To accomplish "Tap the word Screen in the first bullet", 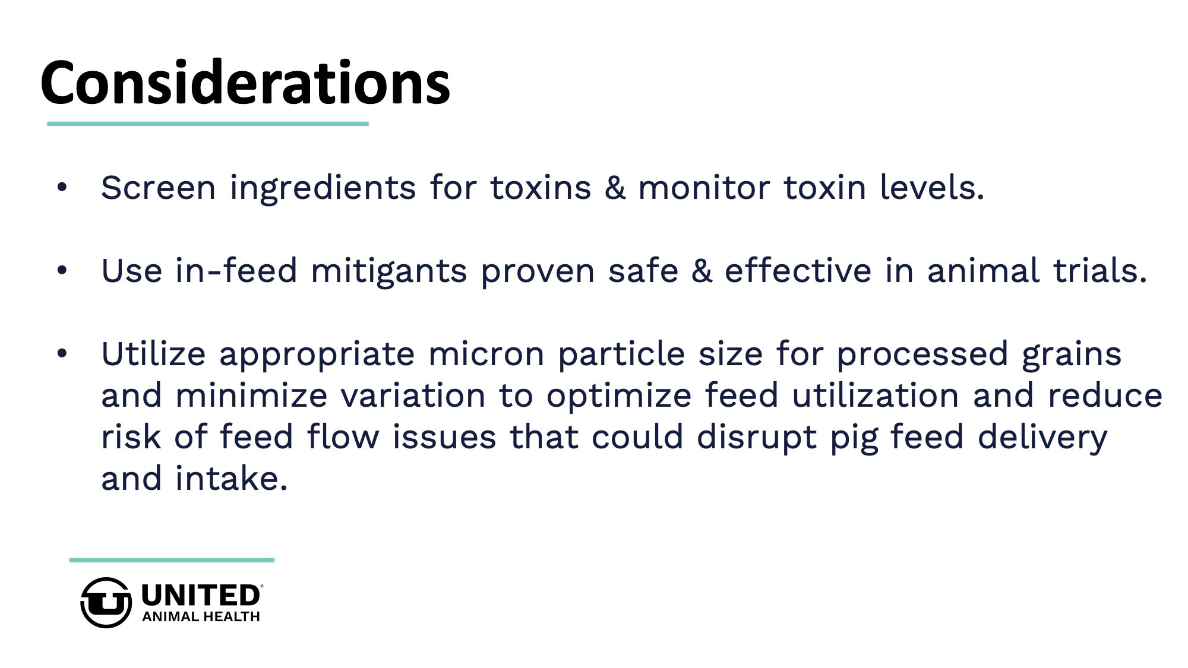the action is [158, 188].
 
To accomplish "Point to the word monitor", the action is [704, 188].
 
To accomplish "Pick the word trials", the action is [1099, 271].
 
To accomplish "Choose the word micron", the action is [485, 355].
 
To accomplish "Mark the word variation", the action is [413, 397].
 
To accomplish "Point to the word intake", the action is [232, 479].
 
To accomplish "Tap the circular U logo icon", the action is [106, 603].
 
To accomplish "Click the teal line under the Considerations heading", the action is [208, 124].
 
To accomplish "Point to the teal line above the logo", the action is [172, 560].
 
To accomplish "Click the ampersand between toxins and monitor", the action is [615, 188].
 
